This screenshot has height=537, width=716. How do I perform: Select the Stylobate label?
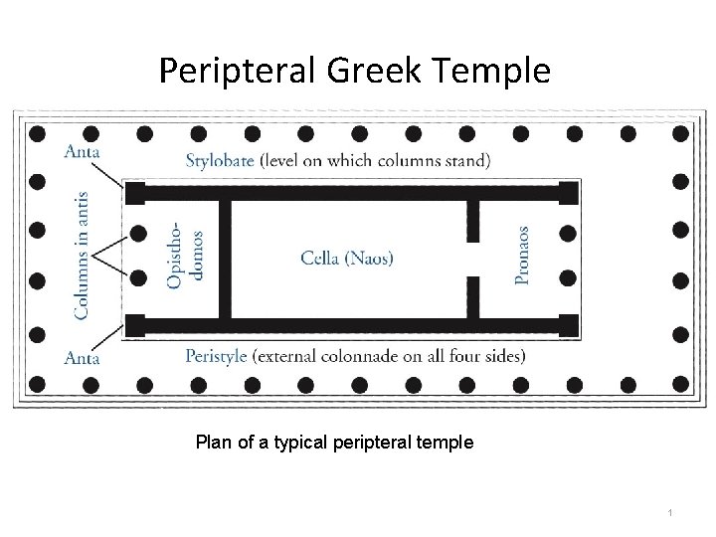coord(221,159)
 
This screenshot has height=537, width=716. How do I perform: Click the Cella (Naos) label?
coord(347,258)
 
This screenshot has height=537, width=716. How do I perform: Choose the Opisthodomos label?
coord(187,256)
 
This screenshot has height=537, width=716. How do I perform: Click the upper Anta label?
coord(82,152)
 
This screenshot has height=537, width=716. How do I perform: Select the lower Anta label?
coord(82,357)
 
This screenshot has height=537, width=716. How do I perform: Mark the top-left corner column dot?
coord(37,132)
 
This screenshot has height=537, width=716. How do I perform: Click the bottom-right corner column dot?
coord(679,383)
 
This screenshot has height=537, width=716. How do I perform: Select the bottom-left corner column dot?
coord(37,383)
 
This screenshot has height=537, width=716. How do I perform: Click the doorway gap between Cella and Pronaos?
coord(473,259)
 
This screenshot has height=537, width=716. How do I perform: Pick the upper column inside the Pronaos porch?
coord(567,234)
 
